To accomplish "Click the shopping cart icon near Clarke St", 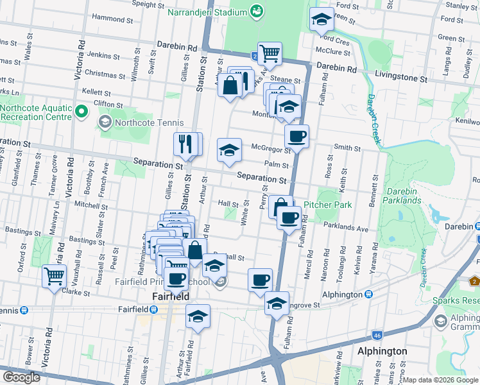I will pos(55,276).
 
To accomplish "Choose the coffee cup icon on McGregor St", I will pos(296,136).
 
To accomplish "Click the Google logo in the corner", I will pos(21,377).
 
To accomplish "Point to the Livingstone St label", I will pos(400,78).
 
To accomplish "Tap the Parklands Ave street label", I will pos(346,227).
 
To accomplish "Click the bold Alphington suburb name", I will pos(382,352).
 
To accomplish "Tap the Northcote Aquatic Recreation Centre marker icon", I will pos(81,112).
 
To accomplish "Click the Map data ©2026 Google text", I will pos(440,380).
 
